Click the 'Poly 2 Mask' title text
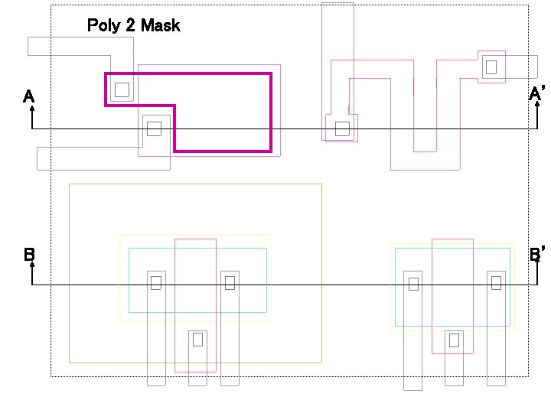[x=133, y=25]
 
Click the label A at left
[x=28, y=96]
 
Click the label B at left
[x=29, y=254]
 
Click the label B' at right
[x=537, y=254]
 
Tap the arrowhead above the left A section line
[x=32, y=109]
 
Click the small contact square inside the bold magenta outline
[x=122, y=89]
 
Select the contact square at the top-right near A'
[x=491, y=67]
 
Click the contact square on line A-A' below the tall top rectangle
[x=342, y=128]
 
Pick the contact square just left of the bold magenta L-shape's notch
[x=154, y=128]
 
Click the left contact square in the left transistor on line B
[x=156, y=283]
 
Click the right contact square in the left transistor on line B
[x=230, y=283]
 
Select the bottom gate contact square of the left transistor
[x=197, y=339]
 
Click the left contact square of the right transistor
[x=413, y=285]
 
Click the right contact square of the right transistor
[x=496, y=283]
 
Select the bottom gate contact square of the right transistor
[x=454, y=340]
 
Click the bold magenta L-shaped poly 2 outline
[x=271, y=115]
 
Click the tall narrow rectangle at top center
[x=337, y=31]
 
